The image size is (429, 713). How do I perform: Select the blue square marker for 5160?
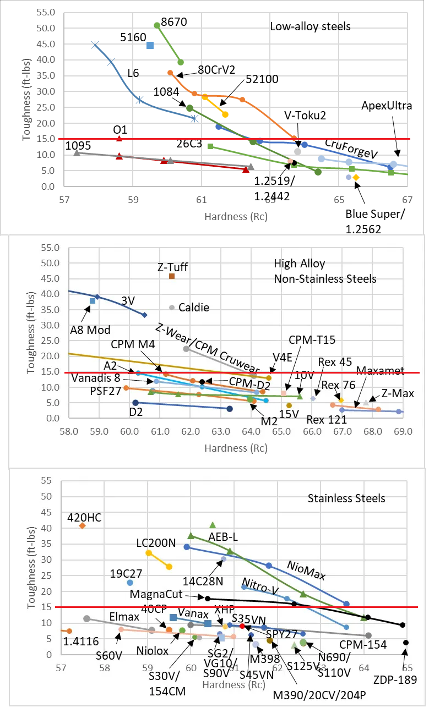click(150, 45)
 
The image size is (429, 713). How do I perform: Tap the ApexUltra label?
click(387, 106)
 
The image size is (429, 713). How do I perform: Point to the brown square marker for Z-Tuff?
click(172, 276)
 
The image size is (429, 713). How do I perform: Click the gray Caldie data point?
click(172, 308)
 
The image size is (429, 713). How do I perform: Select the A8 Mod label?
click(90, 330)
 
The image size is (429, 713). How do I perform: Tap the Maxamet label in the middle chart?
click(380, 370)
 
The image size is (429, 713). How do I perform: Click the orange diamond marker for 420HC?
click(83, 525)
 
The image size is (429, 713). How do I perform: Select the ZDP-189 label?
click(401, 680)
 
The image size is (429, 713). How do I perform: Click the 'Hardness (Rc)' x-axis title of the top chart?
click(236, 217)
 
